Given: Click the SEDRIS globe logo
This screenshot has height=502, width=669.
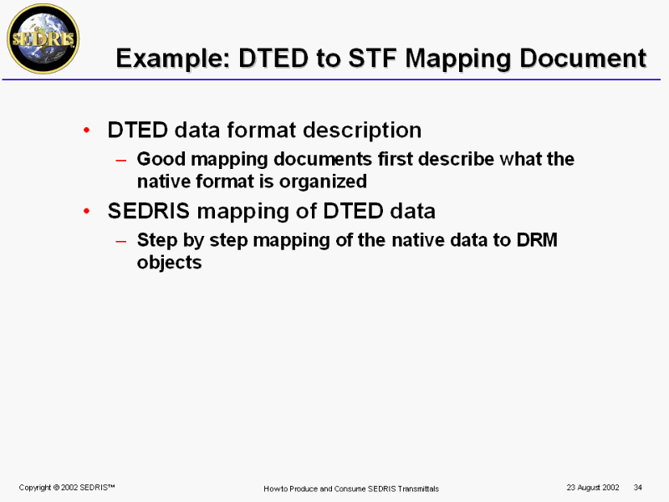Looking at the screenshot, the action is tap(43, 38).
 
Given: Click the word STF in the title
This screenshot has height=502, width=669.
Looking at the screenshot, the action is tap(373, 58).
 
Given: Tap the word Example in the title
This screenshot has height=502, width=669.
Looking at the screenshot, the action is tap(173, 59).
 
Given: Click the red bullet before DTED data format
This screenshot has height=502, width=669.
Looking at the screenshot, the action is tap(87, 130).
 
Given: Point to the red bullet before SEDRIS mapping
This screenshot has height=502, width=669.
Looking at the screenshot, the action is tap(87, 211).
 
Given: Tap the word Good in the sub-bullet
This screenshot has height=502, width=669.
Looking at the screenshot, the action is tap(161, 159).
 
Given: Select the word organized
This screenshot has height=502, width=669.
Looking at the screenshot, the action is tap(323, 182).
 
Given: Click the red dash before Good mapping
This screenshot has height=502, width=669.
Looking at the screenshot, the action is tap(120, 161).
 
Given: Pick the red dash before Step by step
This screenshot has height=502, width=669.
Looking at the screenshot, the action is tap(120, 241).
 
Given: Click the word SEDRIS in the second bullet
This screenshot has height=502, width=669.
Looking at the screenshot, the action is tap(149, 211).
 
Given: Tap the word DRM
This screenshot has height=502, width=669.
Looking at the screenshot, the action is tap(537, 240).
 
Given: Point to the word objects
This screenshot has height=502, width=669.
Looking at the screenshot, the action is tap(170, 263).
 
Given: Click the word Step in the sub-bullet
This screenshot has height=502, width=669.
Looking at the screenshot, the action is tap(157, 240).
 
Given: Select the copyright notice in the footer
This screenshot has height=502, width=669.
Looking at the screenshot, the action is tap(67, 488).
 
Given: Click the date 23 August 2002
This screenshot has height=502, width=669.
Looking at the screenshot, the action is tap(593, 488).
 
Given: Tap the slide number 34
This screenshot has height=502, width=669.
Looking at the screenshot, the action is tap(638, 488).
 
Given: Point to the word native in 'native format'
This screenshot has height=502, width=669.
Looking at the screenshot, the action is tap(164, 182).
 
